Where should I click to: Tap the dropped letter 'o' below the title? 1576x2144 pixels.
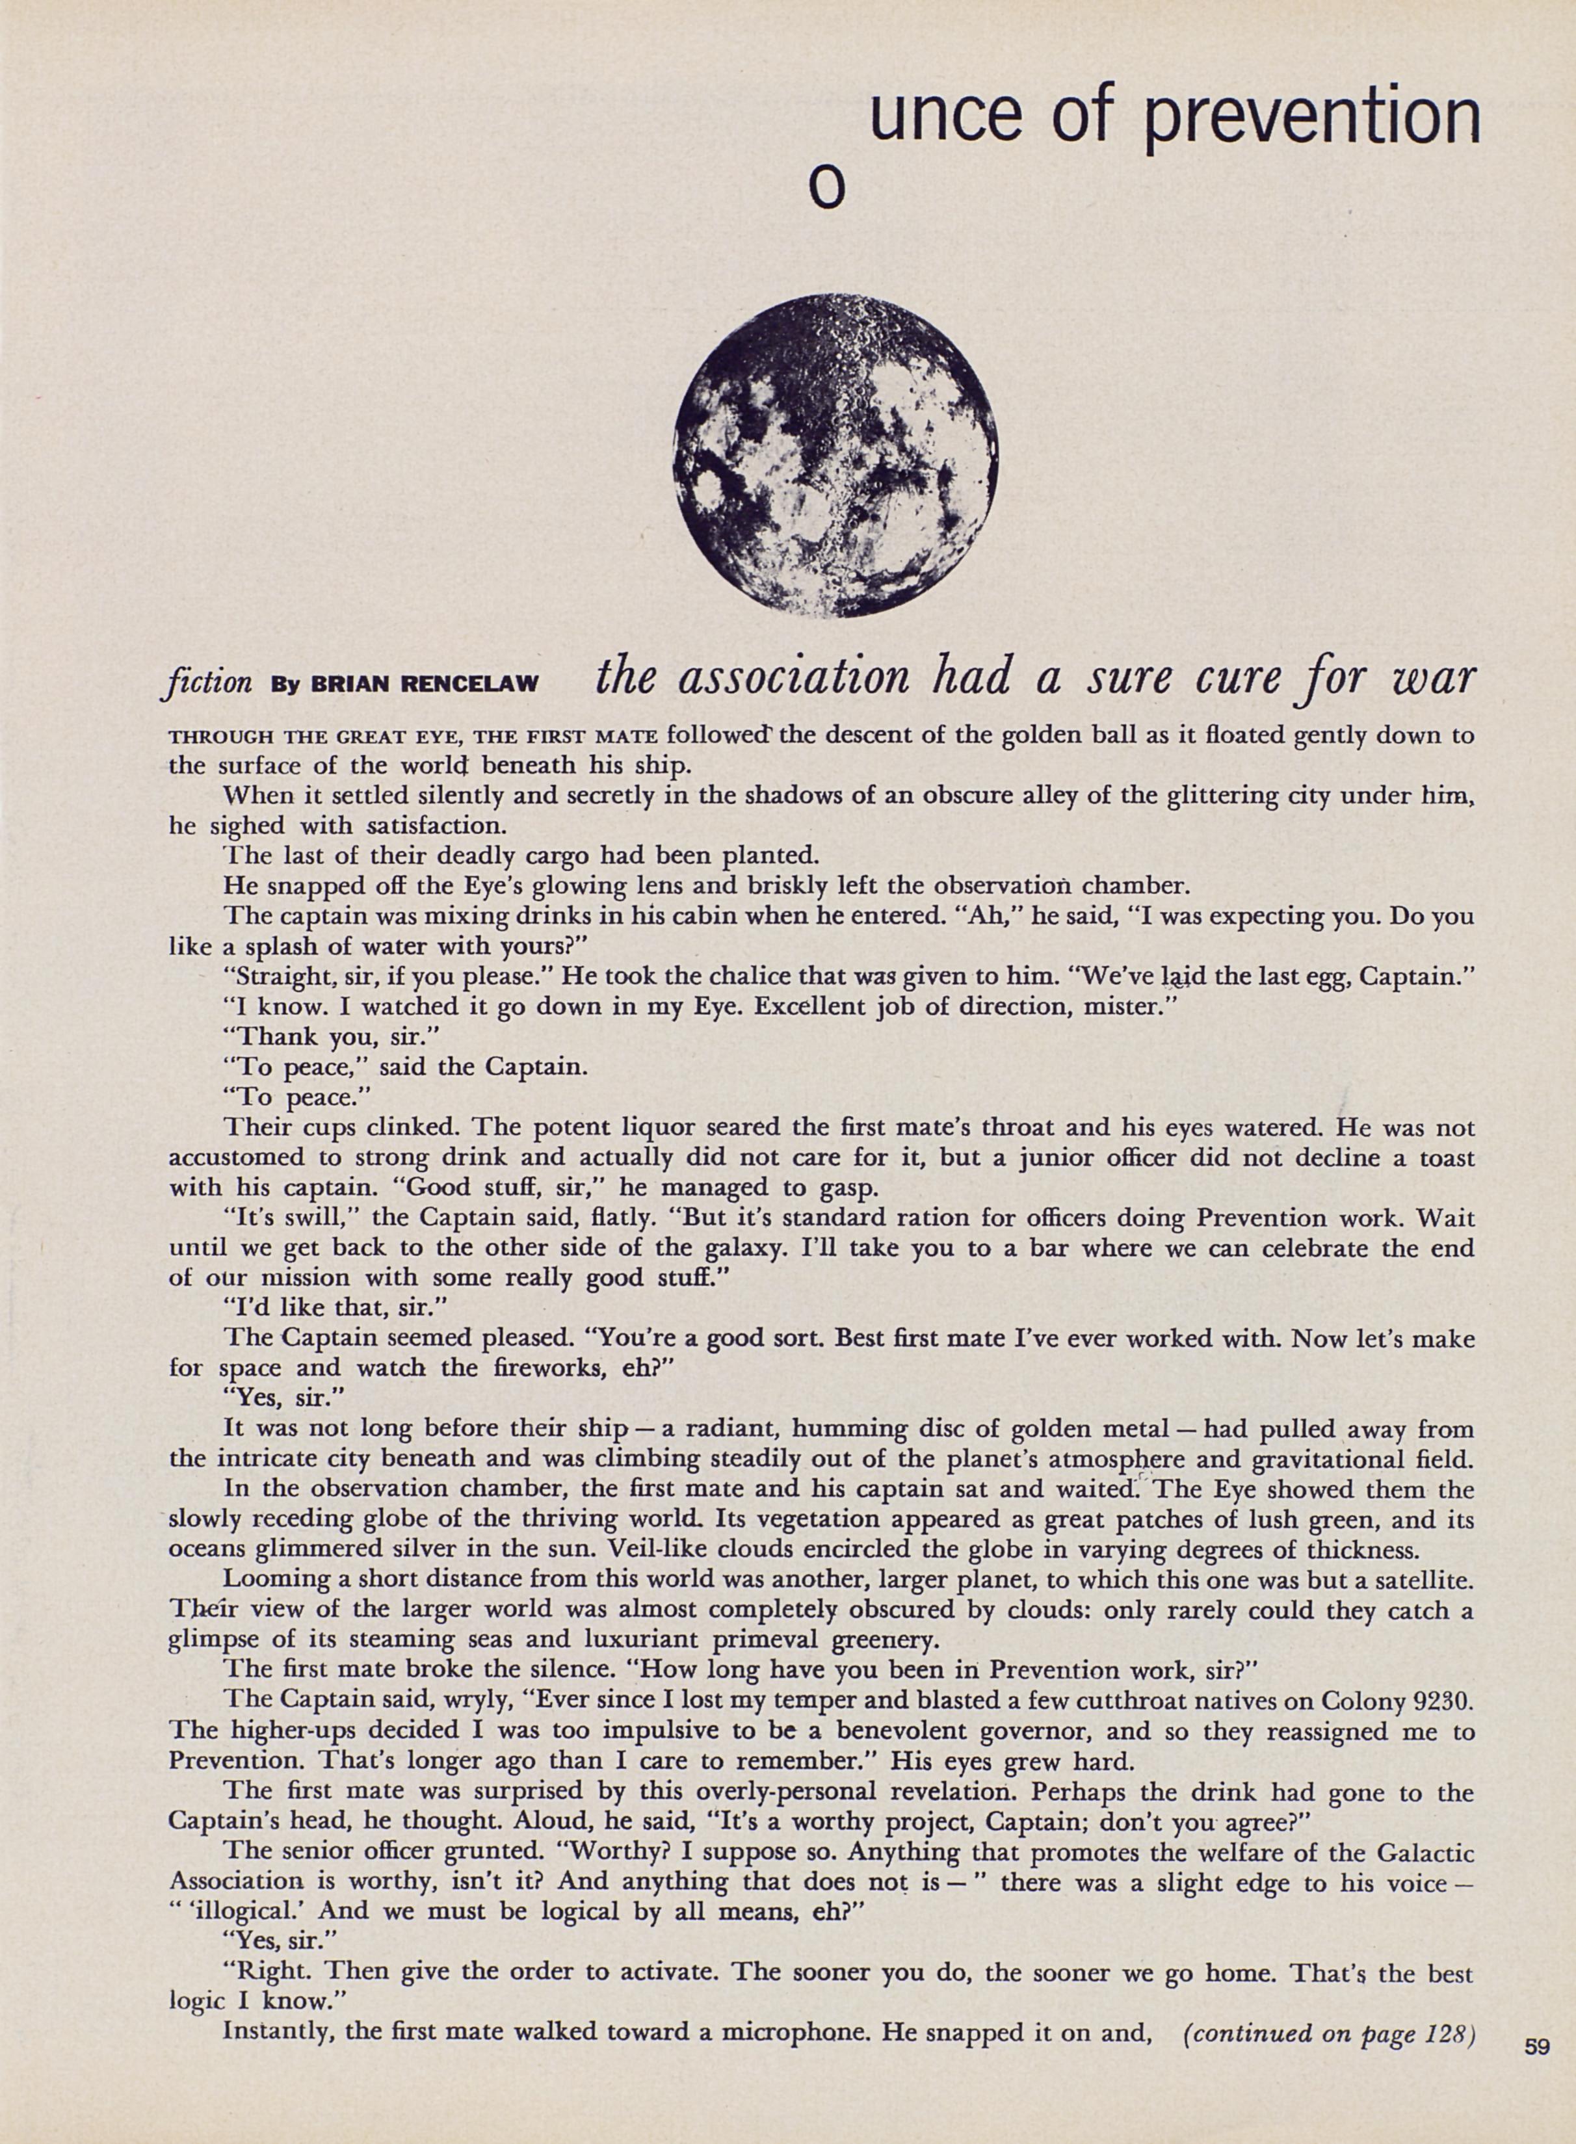[827, 190]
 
